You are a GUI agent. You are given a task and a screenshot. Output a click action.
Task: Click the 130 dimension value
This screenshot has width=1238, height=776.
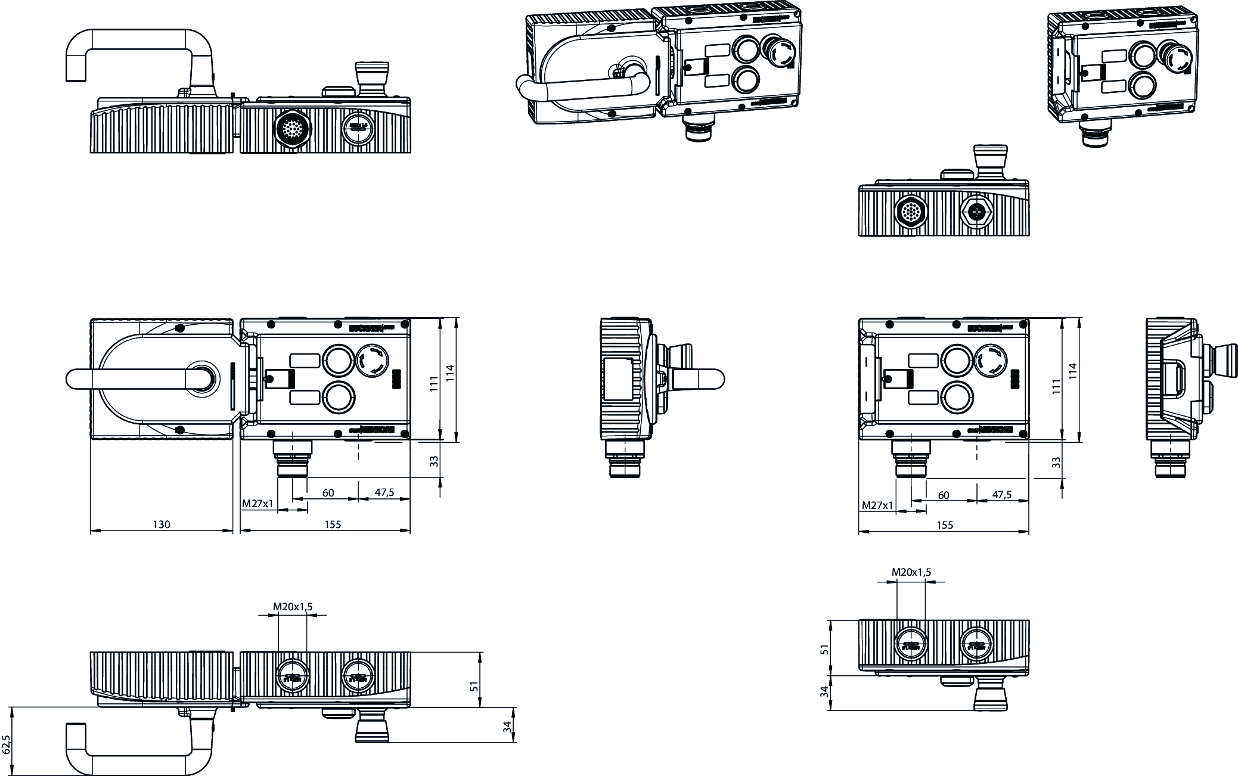pos(162,524)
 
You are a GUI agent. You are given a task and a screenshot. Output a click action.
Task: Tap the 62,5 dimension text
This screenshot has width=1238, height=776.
pos(7,744)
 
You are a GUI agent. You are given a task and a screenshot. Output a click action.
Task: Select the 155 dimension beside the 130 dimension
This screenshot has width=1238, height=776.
pos(333,524)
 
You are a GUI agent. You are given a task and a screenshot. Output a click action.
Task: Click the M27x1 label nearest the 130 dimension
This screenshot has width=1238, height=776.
pos(257,504)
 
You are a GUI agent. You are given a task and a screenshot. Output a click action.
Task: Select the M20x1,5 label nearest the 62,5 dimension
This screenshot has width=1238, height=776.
pos(293,607)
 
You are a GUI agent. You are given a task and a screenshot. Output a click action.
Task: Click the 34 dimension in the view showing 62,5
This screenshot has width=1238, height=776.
pos(507,727)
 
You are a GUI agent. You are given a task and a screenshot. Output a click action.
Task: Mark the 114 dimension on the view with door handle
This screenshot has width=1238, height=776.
pos(451,373)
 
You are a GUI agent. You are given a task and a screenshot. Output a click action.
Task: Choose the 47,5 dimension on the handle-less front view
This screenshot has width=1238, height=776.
pos(1001,495)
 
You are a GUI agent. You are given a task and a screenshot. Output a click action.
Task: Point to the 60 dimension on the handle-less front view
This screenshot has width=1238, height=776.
pos(944,495)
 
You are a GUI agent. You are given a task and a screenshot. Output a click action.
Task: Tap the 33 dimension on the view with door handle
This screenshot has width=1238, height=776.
pos(434,461)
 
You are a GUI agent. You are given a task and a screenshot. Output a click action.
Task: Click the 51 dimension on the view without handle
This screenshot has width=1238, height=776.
pos(825,649)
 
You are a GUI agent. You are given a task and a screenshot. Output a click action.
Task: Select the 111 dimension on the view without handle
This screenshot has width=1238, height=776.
pos(1056,386)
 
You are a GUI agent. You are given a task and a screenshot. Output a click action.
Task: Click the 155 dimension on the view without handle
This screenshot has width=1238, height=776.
pos(945,525)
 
